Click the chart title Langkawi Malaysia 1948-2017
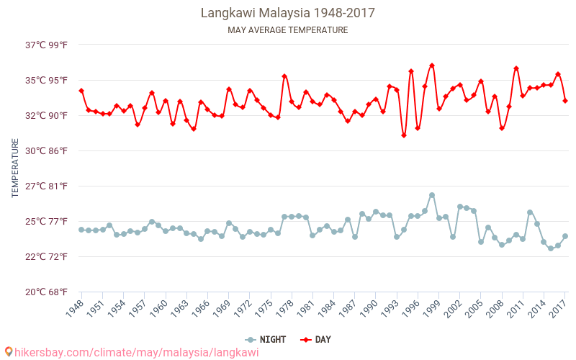(x=287, y=13)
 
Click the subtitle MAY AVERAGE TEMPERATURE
(x=287, y=30)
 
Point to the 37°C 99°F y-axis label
(x=46, y=45)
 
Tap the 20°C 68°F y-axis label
(x=46, y=292)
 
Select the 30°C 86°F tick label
(x=46, y=150)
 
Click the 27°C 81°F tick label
(x=46, y=186)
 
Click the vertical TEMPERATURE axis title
(x=16, y=168)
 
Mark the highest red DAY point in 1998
(x=432, y=66)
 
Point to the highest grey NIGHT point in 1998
(x=432, y=195)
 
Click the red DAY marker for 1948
(x=81, y=91)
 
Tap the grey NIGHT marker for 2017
(x=565, y=236)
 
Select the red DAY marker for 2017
(x=565, y=101)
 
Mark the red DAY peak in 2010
(x=516, y=68)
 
